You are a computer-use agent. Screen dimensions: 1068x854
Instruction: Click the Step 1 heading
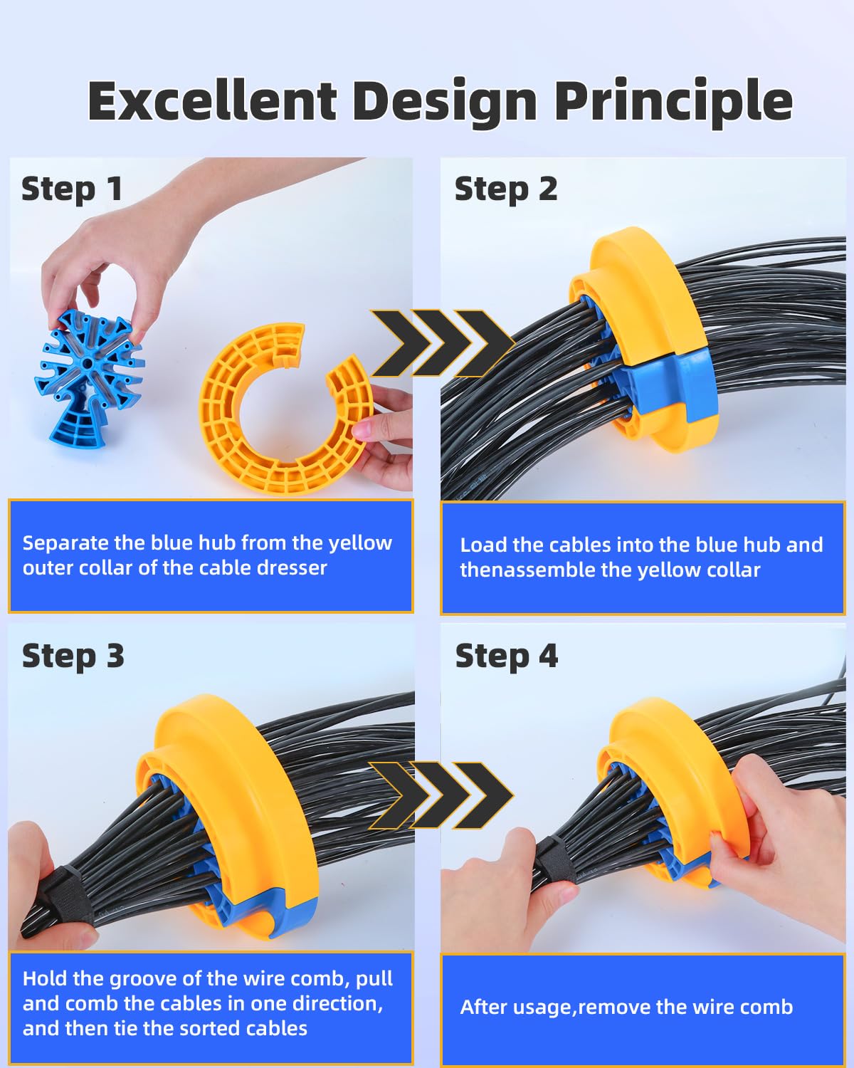tap(72, 189)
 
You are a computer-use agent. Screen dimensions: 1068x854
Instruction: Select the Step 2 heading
tap(506, 189)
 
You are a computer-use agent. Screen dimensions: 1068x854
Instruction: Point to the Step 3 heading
tap(73, 656)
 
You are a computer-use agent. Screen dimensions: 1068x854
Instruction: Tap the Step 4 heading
tap(506, 656)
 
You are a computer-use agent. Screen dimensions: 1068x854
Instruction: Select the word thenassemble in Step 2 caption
tap(531, 570)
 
